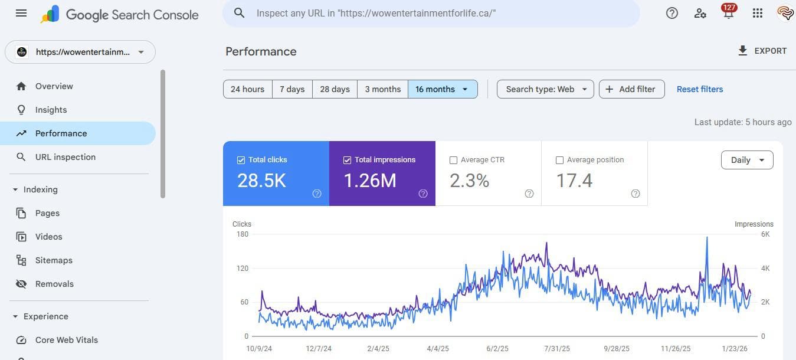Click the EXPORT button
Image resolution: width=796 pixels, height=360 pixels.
tap(762, 51)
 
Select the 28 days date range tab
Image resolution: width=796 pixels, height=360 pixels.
tap(335, 89)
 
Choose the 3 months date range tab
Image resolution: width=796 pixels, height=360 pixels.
tap(382, 89)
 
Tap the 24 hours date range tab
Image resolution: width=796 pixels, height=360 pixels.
tap(247, 89)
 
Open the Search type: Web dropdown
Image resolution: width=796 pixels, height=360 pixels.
tap(545, 89)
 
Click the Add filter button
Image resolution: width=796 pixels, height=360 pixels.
tap(631, 89)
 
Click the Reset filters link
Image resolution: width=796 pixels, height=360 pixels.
tap(699, 89)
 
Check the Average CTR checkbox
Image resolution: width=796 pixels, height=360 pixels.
tap(453, 160)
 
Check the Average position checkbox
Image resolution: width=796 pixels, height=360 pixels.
tap(559, 160)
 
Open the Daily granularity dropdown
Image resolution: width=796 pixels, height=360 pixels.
tap(746, 160)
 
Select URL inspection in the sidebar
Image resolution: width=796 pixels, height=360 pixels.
tap(65, 157)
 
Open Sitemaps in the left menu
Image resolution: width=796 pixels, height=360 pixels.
tap(54, 260)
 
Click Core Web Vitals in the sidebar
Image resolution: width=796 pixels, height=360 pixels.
tap(66, 340)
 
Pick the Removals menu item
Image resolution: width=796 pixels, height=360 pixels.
tap(54, 284)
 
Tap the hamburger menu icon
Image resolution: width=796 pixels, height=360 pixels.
tap(21, 13)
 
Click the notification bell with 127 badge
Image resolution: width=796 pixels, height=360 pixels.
tap(729, 13)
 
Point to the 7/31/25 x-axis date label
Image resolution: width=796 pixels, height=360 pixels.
tap(557, 349)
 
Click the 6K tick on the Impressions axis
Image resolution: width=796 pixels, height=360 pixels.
tap(765, 234)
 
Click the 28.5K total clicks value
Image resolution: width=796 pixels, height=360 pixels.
tap(261, 181)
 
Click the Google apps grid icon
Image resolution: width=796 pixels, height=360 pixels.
tap(758, 13)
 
